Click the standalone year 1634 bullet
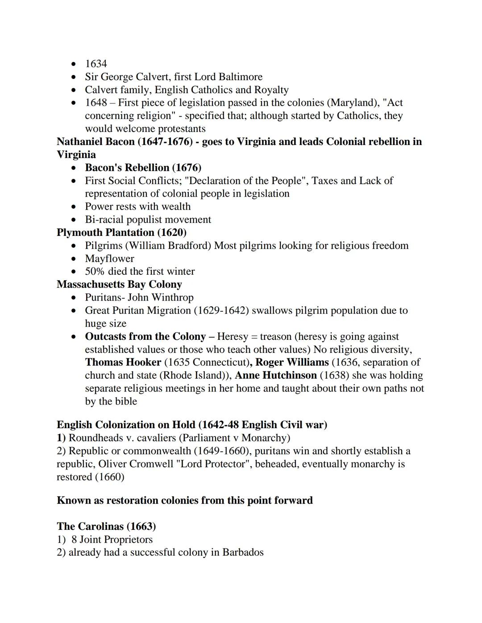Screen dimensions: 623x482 [x=96, y=64]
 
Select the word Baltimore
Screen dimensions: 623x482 [x=240, y=77]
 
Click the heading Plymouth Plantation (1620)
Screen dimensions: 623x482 [x=121, y=232]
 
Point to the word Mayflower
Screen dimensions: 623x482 [x=109, y=258]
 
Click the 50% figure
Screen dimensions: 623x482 [x=95, y=271]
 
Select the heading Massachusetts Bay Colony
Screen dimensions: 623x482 [x=119, y=284]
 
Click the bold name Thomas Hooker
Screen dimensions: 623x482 [x=123, y=362]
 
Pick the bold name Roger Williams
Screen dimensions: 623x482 [x=292, y=362]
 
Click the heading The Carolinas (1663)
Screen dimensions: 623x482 [x=106, y=526]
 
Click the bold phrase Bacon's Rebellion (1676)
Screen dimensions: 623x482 [x=143, y=168]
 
